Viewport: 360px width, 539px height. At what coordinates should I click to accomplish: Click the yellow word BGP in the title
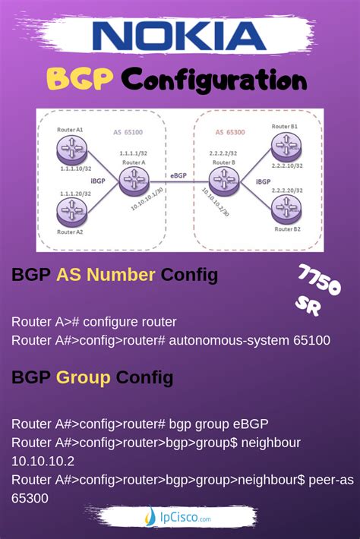[81, 79]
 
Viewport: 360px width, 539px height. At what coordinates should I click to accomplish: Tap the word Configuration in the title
[214, 80]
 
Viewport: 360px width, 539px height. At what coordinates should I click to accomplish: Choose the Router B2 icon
[285, 206]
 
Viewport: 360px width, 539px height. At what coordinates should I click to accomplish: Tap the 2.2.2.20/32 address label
[286, 190]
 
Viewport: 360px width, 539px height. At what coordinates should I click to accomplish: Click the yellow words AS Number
[106, 275]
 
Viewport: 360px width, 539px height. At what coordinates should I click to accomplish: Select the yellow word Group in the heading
[84, 377]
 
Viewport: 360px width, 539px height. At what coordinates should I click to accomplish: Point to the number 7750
[319, 280]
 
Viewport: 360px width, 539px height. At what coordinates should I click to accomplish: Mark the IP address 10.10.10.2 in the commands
[43, 461]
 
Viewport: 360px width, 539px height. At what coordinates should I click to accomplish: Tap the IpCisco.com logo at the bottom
[179, 519]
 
